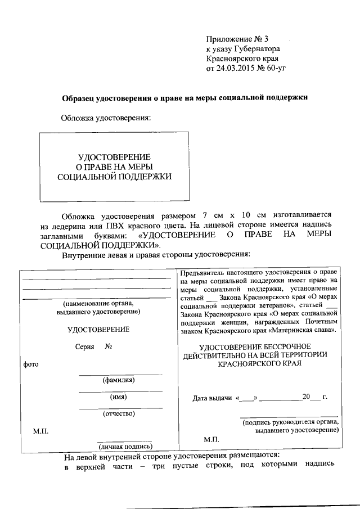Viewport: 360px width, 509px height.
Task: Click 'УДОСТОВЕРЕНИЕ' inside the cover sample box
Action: coord(114,156)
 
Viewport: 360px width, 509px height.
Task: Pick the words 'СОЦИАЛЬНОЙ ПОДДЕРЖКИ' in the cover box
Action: coord(114,177)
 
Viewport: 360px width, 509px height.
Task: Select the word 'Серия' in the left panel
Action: coord(84,346)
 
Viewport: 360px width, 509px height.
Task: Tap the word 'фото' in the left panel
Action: coord(30,364)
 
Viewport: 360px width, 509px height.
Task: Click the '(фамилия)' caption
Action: coord(118,380)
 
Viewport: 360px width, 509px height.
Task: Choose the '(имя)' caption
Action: coord(118,397)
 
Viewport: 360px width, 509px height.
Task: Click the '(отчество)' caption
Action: coord(118,414)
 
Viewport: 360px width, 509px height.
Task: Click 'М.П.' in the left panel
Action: coord(40,431)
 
